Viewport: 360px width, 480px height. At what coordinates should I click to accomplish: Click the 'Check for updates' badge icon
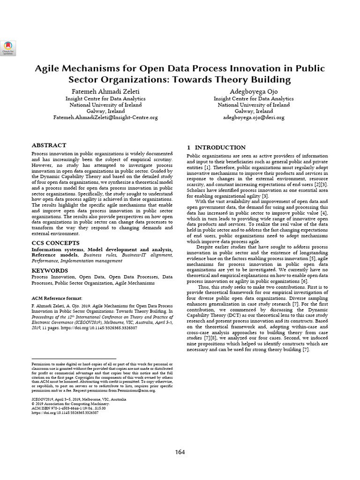pyautogui.click(x=8, y=45)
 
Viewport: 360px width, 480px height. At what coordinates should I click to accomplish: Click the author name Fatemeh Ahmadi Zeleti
pyautogui.click(x=105, y=90)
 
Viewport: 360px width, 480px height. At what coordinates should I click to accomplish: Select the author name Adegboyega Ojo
pyautogui.click(x=254, y=90)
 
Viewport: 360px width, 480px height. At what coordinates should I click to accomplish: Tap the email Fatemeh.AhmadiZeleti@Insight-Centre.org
pyautogui.click(x=105, y=118)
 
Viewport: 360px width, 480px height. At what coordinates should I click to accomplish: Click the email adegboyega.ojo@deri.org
pyautogui.click(x=254, y=118)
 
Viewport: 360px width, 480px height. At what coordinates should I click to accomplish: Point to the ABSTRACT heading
pyautogui.click(x=49, y=145)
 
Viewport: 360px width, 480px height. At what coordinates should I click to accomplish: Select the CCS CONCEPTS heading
pyautogui.click(x=56, y=243)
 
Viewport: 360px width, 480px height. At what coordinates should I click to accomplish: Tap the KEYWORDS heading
pyautogui.click(x=50, y=270)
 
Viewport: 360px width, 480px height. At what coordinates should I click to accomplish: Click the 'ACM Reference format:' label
pyautogui.click(x=57, y=298)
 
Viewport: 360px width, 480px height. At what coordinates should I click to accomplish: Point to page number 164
pyautogui.click(x=180, y=452)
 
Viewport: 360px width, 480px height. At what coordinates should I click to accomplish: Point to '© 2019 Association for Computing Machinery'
pyautogui.click(x=70, y=404)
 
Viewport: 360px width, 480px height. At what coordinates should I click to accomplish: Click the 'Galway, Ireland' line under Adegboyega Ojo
pyautogui.click(x=254, y=111)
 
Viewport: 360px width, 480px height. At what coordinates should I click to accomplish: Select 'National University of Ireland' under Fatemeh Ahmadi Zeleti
pyautogui.click(x=105, y=105)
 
